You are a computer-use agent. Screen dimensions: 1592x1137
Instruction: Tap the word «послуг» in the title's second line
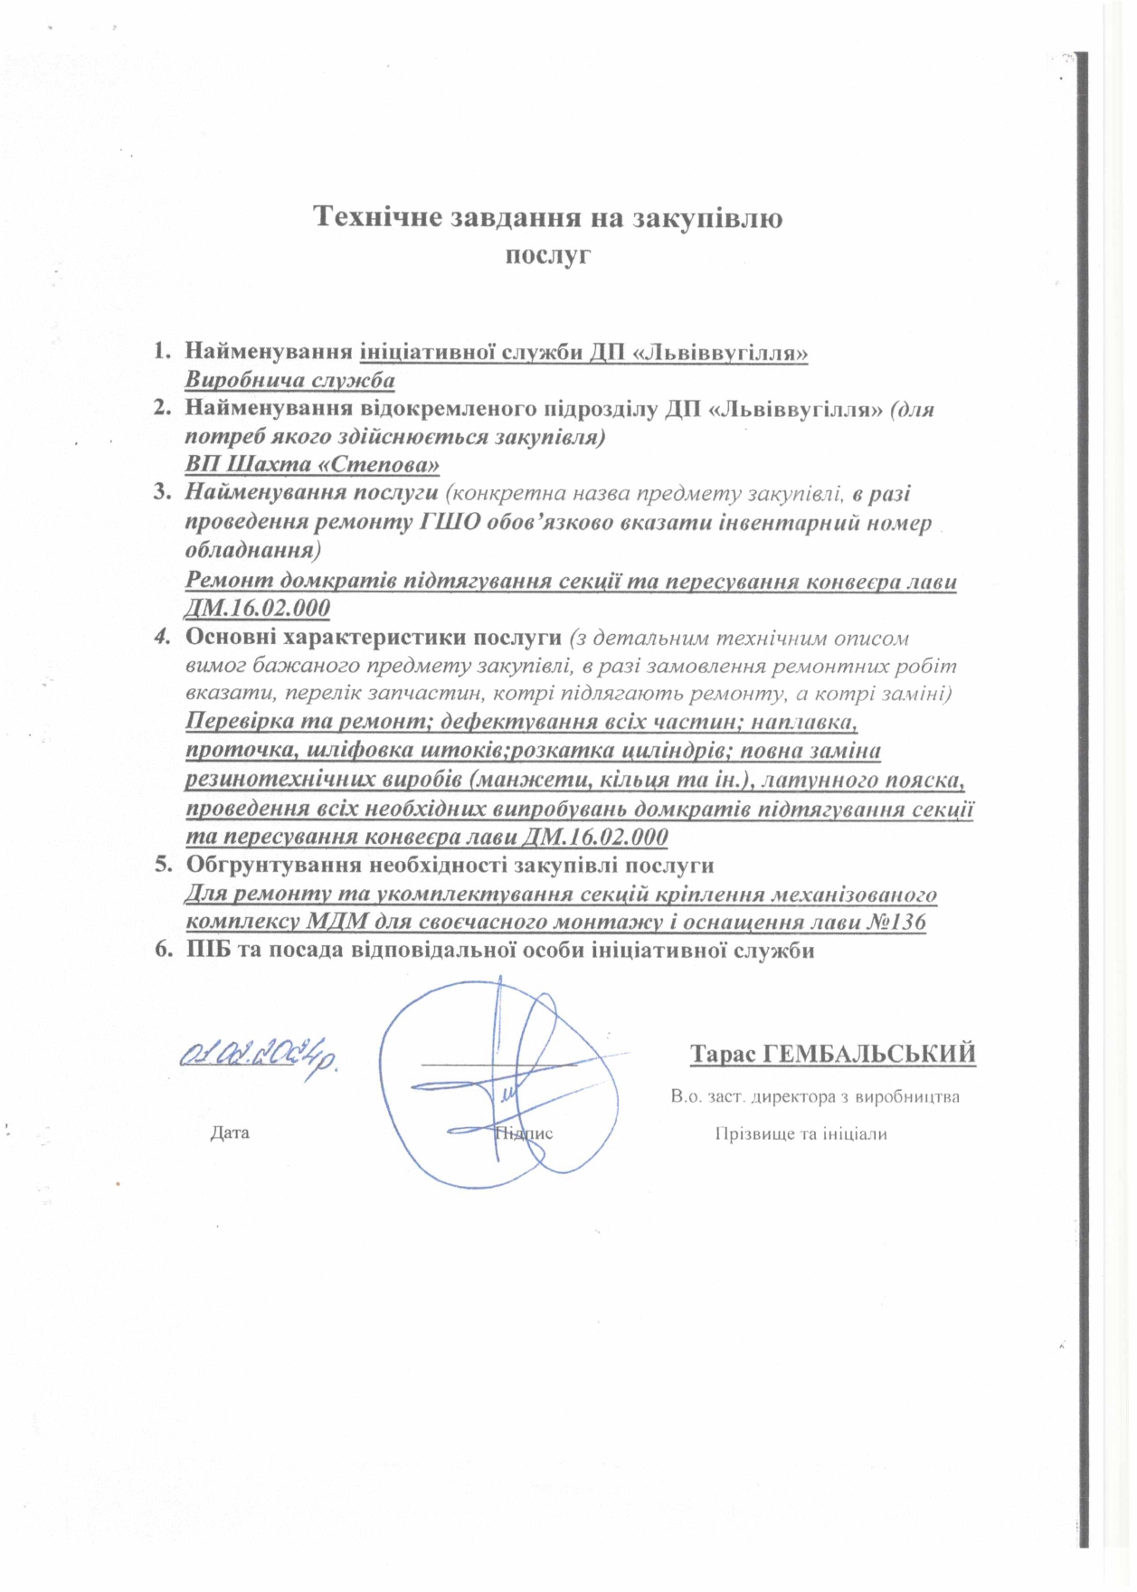point(547,254)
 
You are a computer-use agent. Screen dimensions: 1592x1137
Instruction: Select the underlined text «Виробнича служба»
point(289,380)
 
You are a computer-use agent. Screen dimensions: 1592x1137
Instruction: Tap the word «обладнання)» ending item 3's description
point(252,550)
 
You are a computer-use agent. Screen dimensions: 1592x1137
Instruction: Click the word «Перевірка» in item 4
point(240,722)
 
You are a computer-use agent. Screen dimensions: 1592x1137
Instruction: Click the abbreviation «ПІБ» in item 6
point(207,951)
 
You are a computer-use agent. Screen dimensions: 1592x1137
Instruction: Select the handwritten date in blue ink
point(260,1057)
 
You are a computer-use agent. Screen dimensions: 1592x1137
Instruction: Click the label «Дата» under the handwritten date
point(230,1132)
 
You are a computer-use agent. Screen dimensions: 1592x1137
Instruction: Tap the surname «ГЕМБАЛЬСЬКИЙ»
point(869,1055)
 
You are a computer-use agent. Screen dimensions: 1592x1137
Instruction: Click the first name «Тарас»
point(724,1055)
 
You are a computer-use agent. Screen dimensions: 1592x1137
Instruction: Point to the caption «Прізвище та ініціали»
point(801,1134)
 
